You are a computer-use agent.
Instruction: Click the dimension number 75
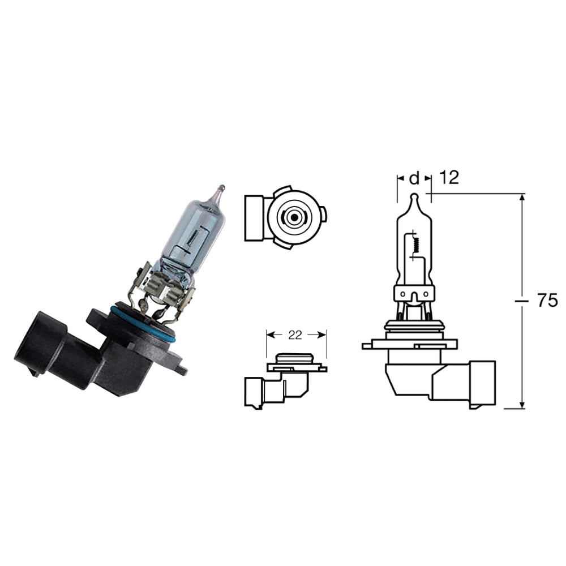[547, 301]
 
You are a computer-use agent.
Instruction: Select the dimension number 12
[448, 178]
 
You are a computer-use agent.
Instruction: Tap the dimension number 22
[295, 335]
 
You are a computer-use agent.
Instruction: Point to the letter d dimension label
[414, 178]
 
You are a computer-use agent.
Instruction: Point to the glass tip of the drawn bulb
[414, 199]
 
